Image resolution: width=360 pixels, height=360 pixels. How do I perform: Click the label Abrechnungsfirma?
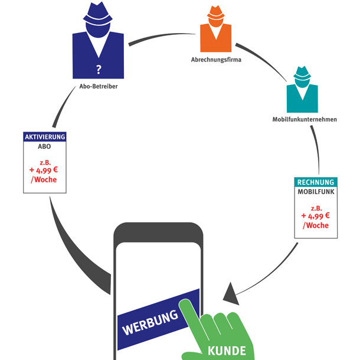[217, 60]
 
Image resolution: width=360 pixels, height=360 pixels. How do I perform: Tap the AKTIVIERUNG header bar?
[45, 137]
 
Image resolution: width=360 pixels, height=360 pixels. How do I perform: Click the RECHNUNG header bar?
[315, 182]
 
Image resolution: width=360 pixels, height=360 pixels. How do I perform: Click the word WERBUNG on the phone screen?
[150, 322]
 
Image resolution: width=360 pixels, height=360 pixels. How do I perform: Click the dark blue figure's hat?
[98, 13]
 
